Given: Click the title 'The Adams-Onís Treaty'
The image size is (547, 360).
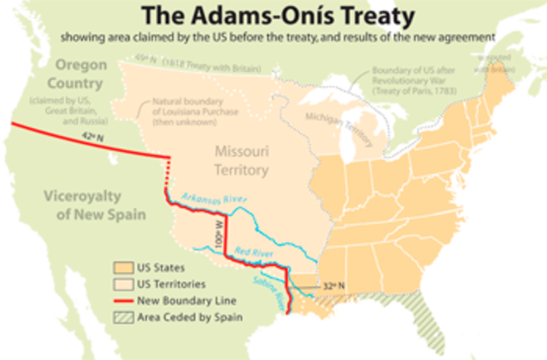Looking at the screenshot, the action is coord(273,15).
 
